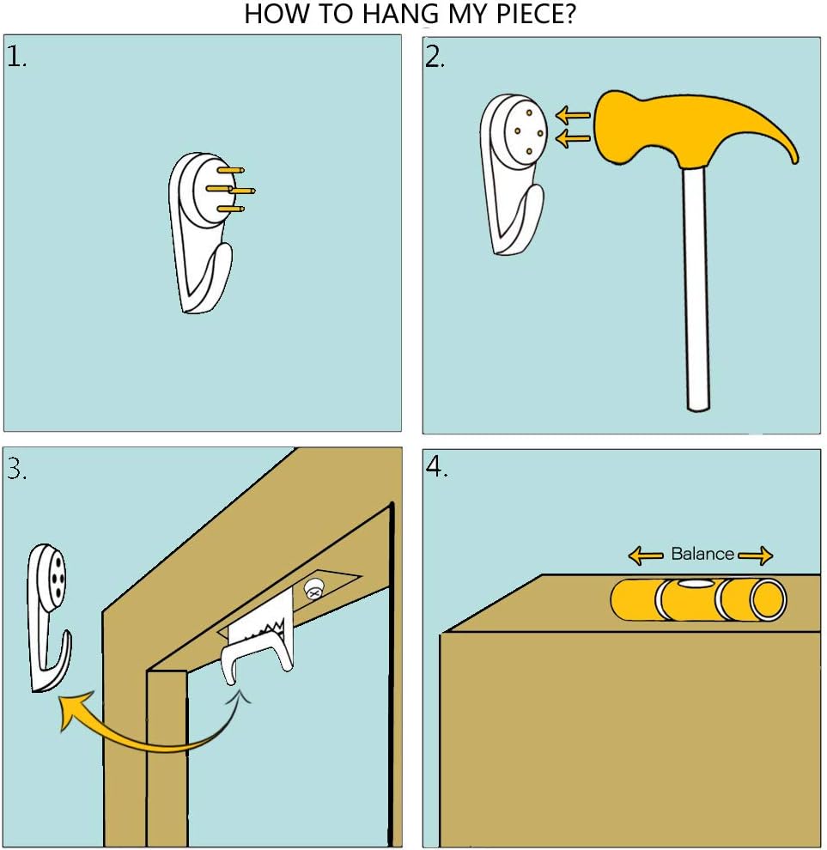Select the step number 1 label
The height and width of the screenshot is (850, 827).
pyautogui.click(x=15, y=57)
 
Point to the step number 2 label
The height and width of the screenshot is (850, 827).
pyautogui.click(x=435, y=57)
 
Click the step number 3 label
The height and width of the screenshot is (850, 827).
pyautogui.click(x=16, y=469)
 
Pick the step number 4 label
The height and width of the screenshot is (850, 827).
pyautogui.click(x=436, y=467)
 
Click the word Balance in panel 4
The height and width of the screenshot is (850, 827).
pyautogui.click(x=702, y=554)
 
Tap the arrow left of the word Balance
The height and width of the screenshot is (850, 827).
pyautogui.click(x=645, y=556)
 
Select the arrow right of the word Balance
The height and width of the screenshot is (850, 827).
pyautogui.click(x=756, y=556)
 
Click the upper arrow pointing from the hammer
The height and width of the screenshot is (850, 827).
pyautogui.click(x=573, y=115)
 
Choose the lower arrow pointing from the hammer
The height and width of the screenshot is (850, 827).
pyautogui.click(x=573, y=139)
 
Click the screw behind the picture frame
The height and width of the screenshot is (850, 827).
pyautogui.click(x=313, y=589)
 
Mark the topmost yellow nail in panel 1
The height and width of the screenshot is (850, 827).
pyautogui.click(x=230, y=170)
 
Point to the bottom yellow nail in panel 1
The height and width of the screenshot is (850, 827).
pyautogui.click(x=230, y=209)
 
